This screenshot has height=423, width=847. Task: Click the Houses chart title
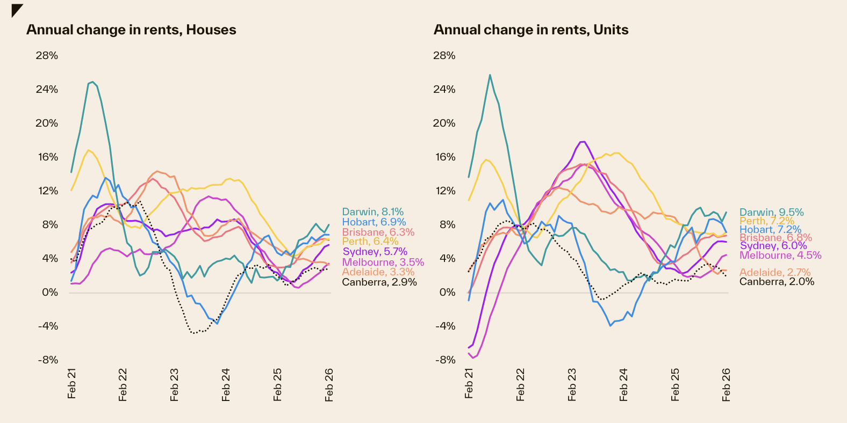point(131,30)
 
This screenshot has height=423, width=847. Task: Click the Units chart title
point(531,30)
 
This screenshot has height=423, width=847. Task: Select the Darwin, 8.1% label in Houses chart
point(373,212)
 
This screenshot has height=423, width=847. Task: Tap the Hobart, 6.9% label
point(374,222)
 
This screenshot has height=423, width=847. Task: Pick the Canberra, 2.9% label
point(379,282)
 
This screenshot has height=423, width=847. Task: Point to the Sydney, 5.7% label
point(375,252)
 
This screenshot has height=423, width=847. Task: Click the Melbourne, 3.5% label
point(383,262)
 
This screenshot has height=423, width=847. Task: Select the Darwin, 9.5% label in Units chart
point(772,213)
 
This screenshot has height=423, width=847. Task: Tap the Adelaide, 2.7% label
point(775,273)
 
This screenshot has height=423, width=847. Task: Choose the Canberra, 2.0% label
point(777,282)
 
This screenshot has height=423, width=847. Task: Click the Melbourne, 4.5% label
point(780,256)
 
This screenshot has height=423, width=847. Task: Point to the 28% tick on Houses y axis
point(47,56)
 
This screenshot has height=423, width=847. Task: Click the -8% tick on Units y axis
point(445,360)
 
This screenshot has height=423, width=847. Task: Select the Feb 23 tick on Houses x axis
point(174,384)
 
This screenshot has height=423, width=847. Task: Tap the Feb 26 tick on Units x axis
point(726,384)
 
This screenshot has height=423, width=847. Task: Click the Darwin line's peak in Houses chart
point(93,82)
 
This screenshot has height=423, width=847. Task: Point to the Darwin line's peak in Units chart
point(490,75)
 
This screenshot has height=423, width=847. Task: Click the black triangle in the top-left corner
point(16,10)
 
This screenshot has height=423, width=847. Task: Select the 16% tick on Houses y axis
point(47,157)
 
